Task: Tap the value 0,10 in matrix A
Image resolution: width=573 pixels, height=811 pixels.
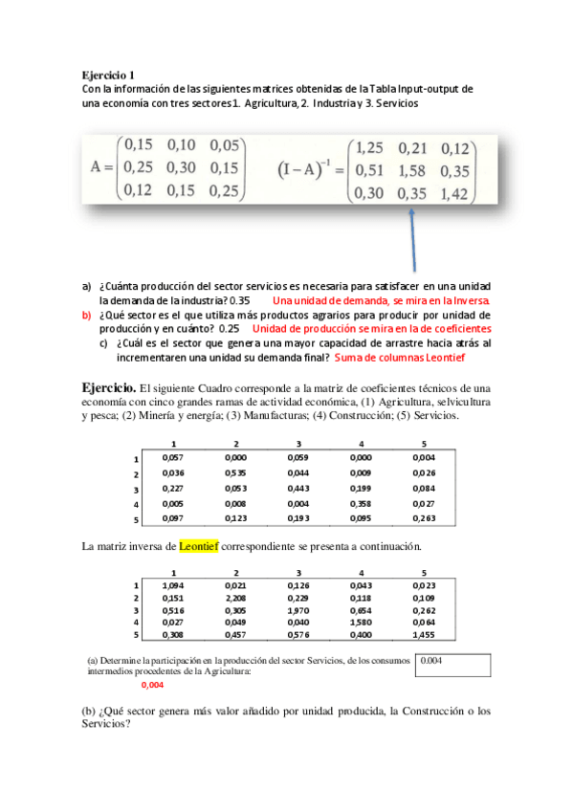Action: pyautogui.click(x=182, y=146)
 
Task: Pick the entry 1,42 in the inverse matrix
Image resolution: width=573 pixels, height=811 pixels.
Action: pyautogui.click(x=457, y=194)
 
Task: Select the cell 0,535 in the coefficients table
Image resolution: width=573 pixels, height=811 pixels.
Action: pyautogui.click(x=236, y=472)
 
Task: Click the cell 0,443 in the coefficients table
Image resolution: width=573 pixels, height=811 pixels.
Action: pyautogui.click(x=298, y=488)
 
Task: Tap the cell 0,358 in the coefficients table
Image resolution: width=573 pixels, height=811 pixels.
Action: pyautogui.click(x=361, y=503)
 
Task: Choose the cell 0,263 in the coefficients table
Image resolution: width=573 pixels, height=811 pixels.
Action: pyautogui.click(x=424, y=518)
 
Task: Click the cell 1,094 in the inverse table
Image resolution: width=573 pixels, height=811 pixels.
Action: pyautogui.click(x=174, y=585)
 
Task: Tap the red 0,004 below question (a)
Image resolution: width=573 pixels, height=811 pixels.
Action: pyautogui.click(x=152, y=685)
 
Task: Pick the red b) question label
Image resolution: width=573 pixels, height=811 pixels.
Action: pyautogui.click(x=85, y=315)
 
